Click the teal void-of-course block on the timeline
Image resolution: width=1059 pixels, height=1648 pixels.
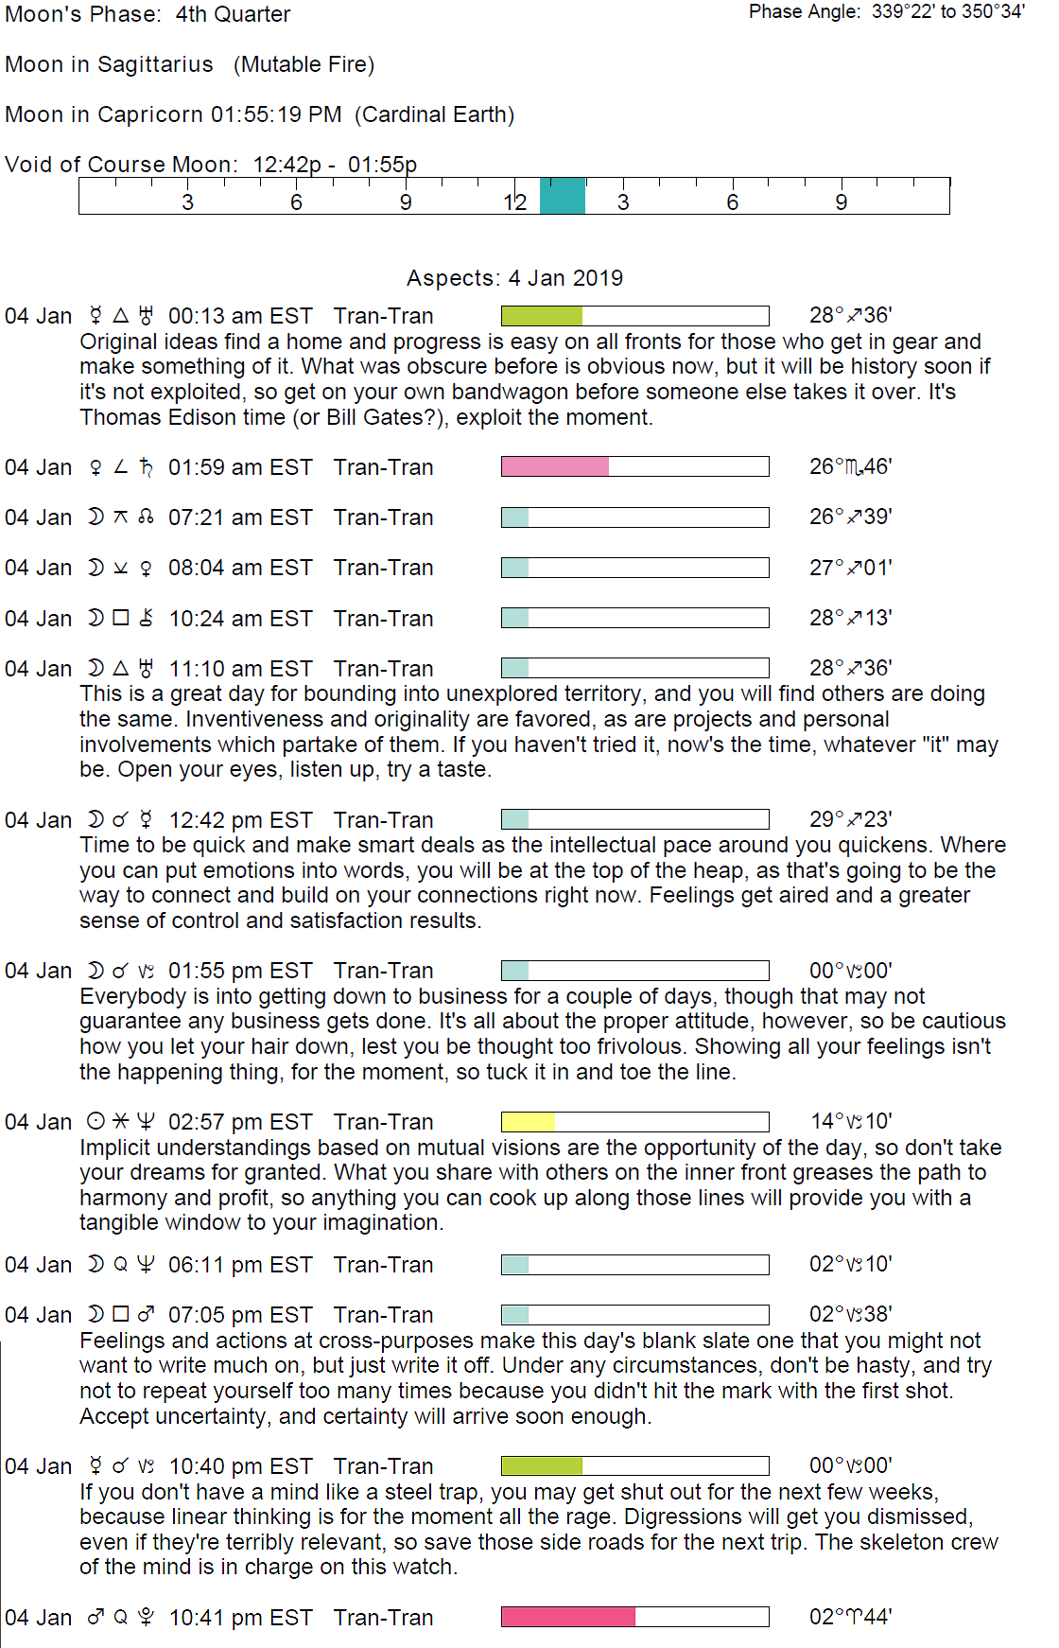tap(563, 196)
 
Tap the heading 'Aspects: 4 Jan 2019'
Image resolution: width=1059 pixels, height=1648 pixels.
tap(514, 278)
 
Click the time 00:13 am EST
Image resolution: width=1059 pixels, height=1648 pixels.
tap(240, 316)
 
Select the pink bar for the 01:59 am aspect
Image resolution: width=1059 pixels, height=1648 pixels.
tap(555, 466)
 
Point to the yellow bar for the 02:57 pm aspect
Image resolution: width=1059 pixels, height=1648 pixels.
tap(529, 1122)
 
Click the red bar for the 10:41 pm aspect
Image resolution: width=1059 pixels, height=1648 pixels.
tap(567, 1617)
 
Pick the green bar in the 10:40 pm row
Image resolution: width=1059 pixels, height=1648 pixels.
tap(542, 1465)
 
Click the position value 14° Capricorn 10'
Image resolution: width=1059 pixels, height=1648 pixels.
tap(851, 1122)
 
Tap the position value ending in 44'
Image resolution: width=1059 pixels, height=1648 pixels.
tap(851, 1617)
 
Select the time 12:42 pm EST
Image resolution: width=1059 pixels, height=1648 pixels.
tap(240, 820)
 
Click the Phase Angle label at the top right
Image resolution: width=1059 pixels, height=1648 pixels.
tap(805, 12)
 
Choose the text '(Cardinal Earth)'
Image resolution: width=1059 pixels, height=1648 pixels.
tap(435, 114)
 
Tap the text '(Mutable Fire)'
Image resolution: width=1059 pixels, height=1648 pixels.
tap(304, 64)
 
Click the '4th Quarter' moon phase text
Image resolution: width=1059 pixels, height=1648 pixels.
tap(233, 14)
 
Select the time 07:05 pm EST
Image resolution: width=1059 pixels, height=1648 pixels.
tap(240, 1315)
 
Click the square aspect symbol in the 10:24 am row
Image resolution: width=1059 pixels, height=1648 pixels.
tap(120, 618)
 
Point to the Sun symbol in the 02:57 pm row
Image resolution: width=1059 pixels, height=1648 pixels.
tap(95, 1122)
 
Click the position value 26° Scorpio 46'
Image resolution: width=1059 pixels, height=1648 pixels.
tap(851, 466)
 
